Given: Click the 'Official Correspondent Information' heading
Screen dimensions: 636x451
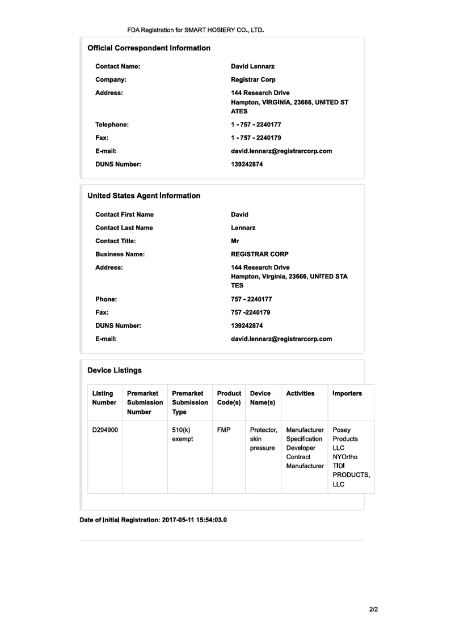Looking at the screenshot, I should point(149,48).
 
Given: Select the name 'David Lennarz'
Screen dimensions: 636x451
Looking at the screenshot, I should point(252,66).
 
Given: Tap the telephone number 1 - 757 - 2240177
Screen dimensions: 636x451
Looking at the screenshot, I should point(256,125).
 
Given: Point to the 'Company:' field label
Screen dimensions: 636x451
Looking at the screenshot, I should point(111,80).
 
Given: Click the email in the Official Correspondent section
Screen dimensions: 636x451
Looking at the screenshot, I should point(281,151).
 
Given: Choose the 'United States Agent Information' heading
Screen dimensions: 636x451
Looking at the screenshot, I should point(144,196).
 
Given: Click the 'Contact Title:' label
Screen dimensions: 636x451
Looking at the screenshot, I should point(116,241).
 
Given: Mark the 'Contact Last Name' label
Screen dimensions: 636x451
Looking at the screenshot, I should point(124,228).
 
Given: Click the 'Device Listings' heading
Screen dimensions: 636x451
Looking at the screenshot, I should point(115,371).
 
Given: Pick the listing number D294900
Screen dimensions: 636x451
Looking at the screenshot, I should point(105,430).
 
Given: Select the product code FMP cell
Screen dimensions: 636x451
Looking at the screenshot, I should point(224,430).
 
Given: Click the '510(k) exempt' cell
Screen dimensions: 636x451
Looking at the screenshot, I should point(183,435).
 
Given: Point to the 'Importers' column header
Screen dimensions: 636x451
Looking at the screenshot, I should point(347,393).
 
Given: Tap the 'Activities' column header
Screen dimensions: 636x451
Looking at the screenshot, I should point(300,393).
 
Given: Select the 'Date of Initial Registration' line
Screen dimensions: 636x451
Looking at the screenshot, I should point(153,520).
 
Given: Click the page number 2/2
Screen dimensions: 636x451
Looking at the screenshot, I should point(373,610).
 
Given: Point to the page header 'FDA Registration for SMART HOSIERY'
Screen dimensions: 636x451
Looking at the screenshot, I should point(196,29).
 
